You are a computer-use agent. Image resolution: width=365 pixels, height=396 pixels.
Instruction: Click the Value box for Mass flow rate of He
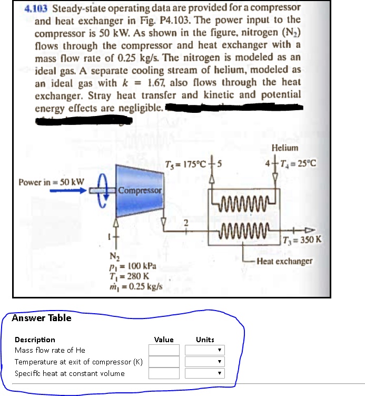pyautogui.click(x=164, y=350)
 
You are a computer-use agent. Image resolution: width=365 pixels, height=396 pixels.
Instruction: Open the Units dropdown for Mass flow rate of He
pyautogui.click(x=205, y=350)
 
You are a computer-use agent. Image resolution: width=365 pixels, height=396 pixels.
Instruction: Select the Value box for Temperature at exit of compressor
pyautogui.click(x=164, y=362)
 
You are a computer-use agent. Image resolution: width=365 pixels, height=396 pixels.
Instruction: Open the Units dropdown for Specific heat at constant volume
pyautogui.click(x=205, y=373)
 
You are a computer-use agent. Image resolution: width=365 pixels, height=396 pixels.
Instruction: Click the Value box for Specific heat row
pyautogui.click(x=164, y=373)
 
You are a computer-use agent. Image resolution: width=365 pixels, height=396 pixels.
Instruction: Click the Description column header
pyautogui.click(x=35, y=340)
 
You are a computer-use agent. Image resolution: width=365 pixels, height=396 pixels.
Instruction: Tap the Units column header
pyautogui.click(x=205, y=340)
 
